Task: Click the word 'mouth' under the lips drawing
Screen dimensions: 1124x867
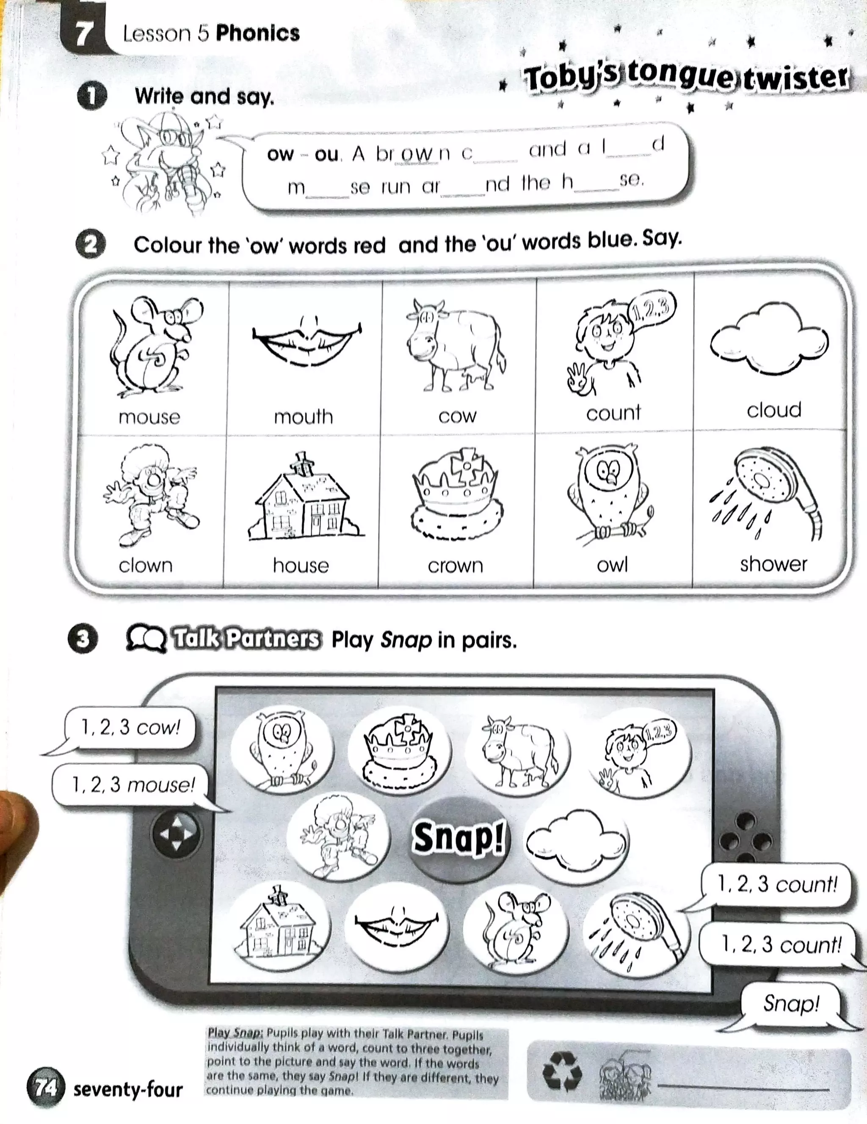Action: [303, 416]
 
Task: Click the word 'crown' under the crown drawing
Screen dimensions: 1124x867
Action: [456, 566]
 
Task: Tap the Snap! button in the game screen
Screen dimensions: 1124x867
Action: [458, 838]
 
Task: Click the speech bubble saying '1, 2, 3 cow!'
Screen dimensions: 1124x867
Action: [130, 728]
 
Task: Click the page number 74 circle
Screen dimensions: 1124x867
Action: [46, 1088]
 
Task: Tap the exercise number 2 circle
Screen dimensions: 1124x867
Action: [91, 244]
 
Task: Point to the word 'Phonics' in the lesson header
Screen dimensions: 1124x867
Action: [257, 33]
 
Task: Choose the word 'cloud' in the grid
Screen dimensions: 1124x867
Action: [774, 410]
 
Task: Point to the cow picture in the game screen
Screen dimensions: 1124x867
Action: [518, 751]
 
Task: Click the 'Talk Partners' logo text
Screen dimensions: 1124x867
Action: [246, 639]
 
